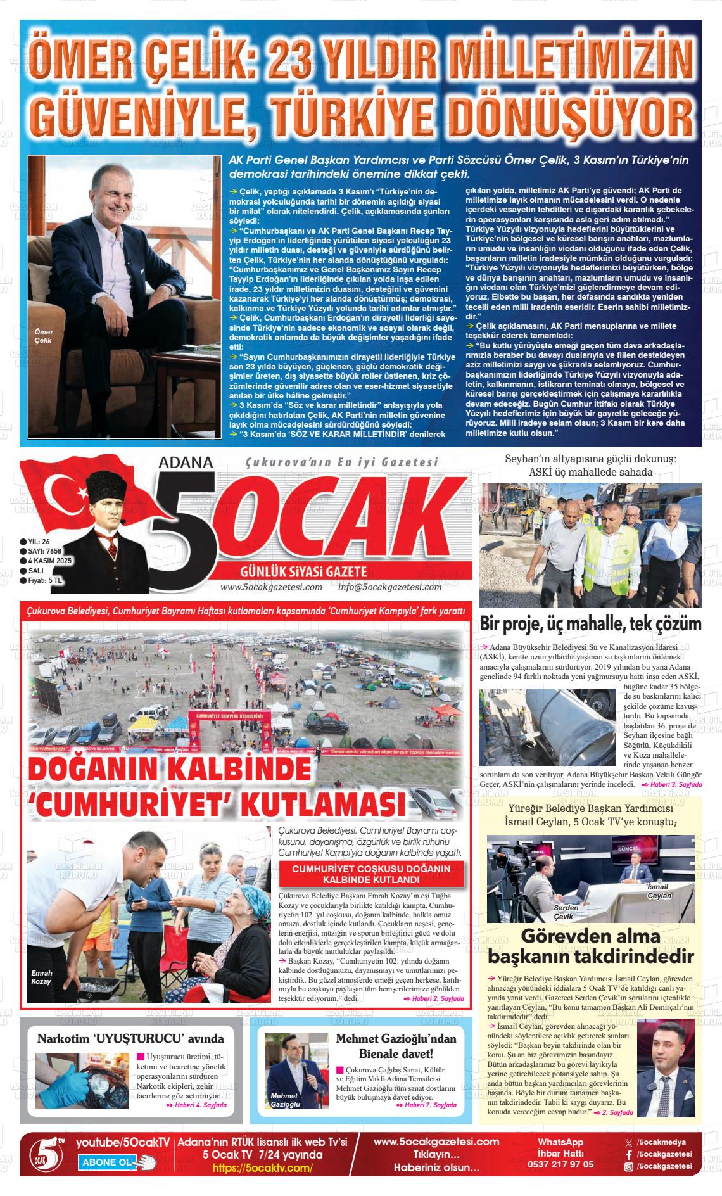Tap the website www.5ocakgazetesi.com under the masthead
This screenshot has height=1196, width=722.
(271, 587)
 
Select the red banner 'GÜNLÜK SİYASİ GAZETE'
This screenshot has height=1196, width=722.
(304, 571)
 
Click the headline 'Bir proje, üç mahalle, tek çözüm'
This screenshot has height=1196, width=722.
(590, 624)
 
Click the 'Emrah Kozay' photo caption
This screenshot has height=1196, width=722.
(42, 977)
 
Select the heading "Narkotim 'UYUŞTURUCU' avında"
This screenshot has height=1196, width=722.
(130, 1039)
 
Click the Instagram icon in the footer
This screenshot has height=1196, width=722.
(629, 1166)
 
